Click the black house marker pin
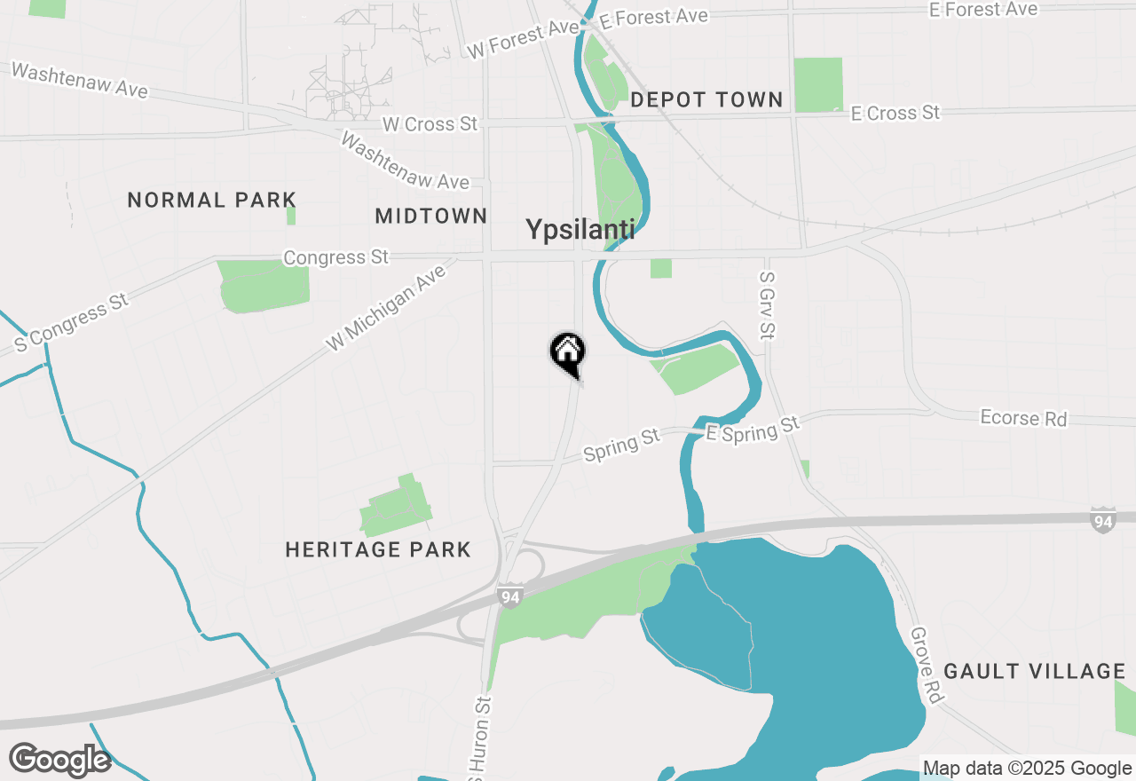[568, 353]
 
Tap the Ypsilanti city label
[580, 230]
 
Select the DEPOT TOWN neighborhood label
[706, 100]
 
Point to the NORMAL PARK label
[211, 200]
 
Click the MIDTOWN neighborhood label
[431, 216]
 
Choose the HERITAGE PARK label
[378, 550]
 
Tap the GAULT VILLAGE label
[1034, 671]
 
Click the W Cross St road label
[430, 124]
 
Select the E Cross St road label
[895, 114]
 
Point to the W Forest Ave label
[523, 40]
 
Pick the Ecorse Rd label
[1023, 418]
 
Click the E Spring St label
[753, 430]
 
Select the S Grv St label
[768, 304]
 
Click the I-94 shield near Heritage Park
[509, 596]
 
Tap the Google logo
[59, 760]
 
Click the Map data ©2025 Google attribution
[1027, 769]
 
